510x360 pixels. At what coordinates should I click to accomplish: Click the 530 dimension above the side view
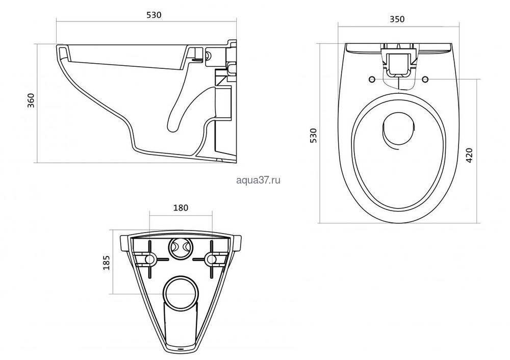(154, 15)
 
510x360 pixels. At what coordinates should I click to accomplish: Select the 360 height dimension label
(31, 101)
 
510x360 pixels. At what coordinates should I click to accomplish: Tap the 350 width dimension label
(397, 19)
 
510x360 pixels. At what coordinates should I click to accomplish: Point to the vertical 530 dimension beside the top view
(313, 135)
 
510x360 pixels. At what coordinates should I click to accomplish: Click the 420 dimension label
(469, 155)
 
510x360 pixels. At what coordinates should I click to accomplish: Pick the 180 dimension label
(181, 208)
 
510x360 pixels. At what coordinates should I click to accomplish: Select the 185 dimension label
(107, 263)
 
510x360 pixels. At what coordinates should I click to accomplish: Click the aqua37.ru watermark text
(258, 180)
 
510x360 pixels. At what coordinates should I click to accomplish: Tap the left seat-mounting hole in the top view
(372, 79)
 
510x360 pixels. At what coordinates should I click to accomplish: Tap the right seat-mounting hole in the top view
(425, 79)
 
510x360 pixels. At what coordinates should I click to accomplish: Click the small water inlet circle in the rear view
(181, 248)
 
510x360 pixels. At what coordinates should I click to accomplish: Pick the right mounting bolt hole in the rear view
(212, 259)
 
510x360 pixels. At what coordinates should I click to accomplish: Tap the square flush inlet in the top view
(398, 63)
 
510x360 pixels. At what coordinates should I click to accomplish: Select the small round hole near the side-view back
(209, 55)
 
